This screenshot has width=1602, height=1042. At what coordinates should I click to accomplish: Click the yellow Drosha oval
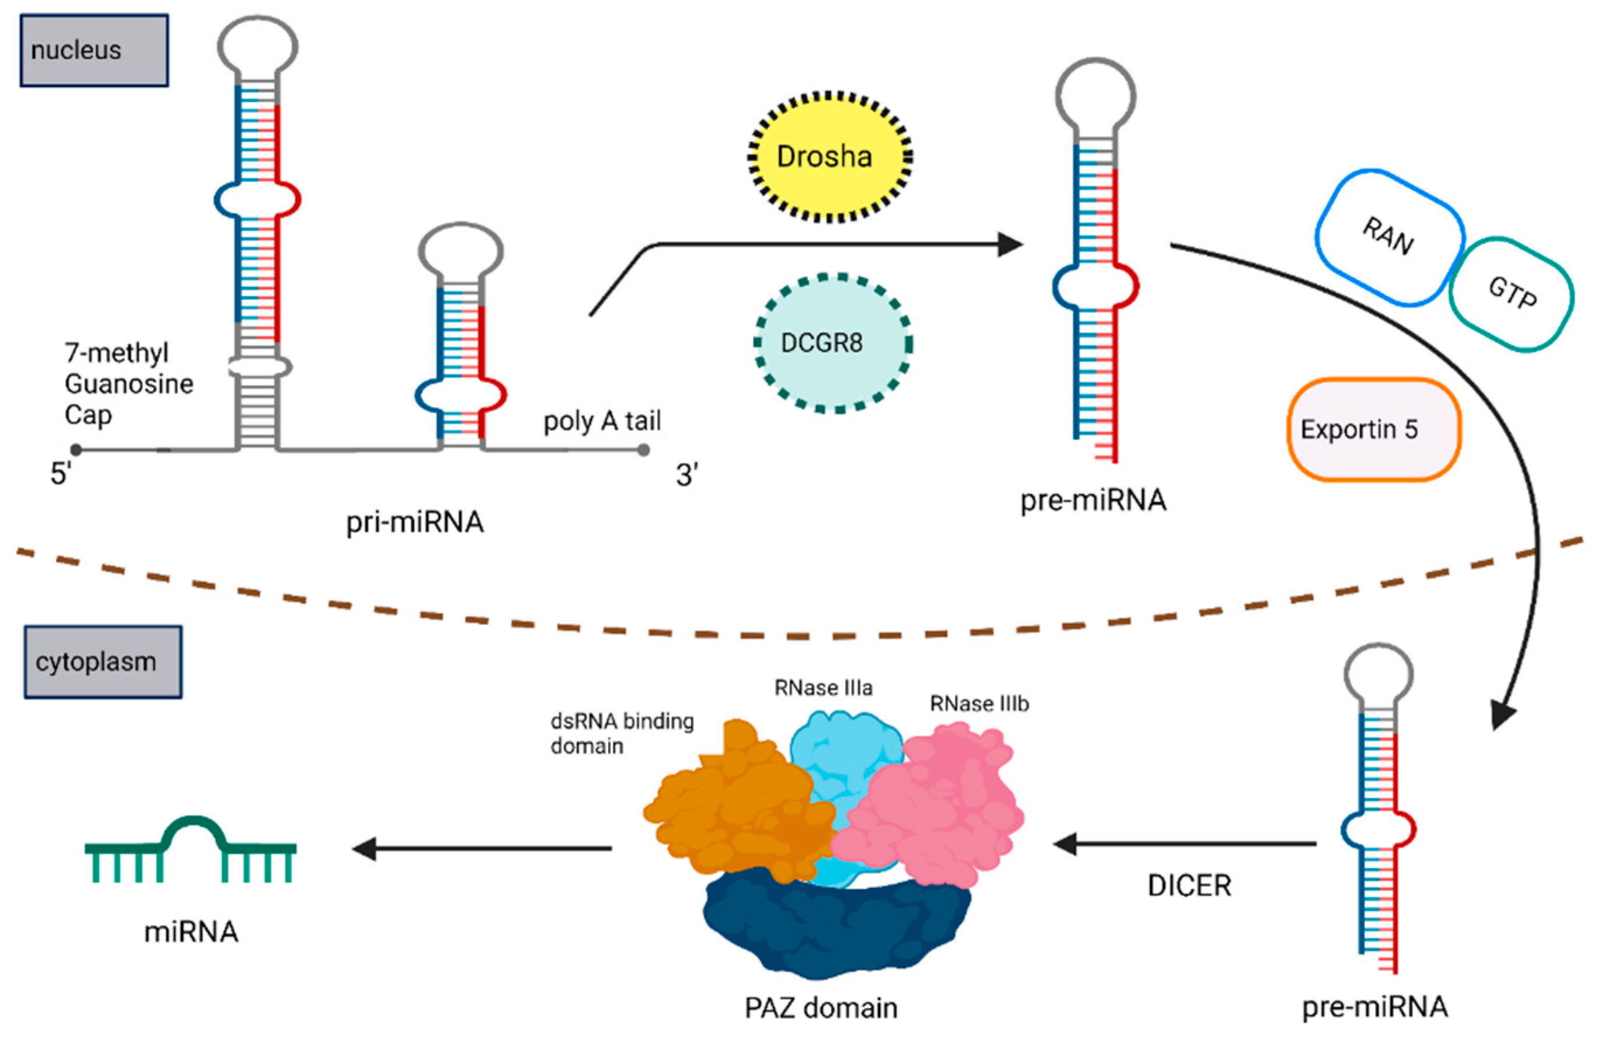[x=829, y=157]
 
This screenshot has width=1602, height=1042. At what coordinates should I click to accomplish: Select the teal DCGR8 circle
[x=833, y=343]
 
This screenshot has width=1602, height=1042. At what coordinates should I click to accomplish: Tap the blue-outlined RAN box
[x=1388, y=237]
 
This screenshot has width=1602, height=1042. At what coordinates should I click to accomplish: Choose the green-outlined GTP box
[x=1512, y=294]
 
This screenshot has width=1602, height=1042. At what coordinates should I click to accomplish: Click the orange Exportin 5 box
[x=1373, y=430]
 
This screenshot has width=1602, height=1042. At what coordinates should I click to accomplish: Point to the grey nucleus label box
[x=93, y=50]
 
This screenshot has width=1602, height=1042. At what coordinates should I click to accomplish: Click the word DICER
[x=1189, y=885]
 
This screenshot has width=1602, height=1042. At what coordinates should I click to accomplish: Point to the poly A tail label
[x=602, y=422]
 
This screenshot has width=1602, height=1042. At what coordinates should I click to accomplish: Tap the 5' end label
[x=61, y=474]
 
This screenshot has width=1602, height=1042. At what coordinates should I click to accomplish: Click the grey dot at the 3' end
[x=644, y=449]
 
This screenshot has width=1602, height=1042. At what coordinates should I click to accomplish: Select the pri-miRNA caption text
[x=414, y=522]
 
